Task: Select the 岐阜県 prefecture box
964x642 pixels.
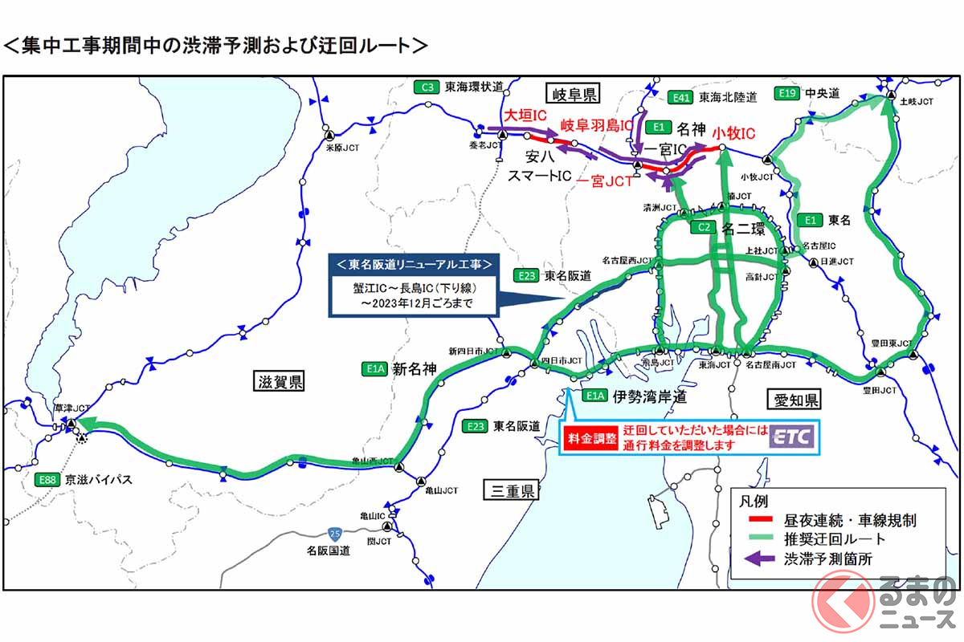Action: pos(572,95)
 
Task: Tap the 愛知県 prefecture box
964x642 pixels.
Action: pos(790,400)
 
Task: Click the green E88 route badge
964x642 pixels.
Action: pos(50,479)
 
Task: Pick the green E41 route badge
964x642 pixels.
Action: pos(680,97)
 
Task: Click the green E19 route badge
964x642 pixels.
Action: pos(787,94)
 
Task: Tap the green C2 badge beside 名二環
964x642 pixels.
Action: pos(701,228)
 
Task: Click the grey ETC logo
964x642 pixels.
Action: pos(792,437)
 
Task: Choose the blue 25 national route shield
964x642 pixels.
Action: pos(333,533)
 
